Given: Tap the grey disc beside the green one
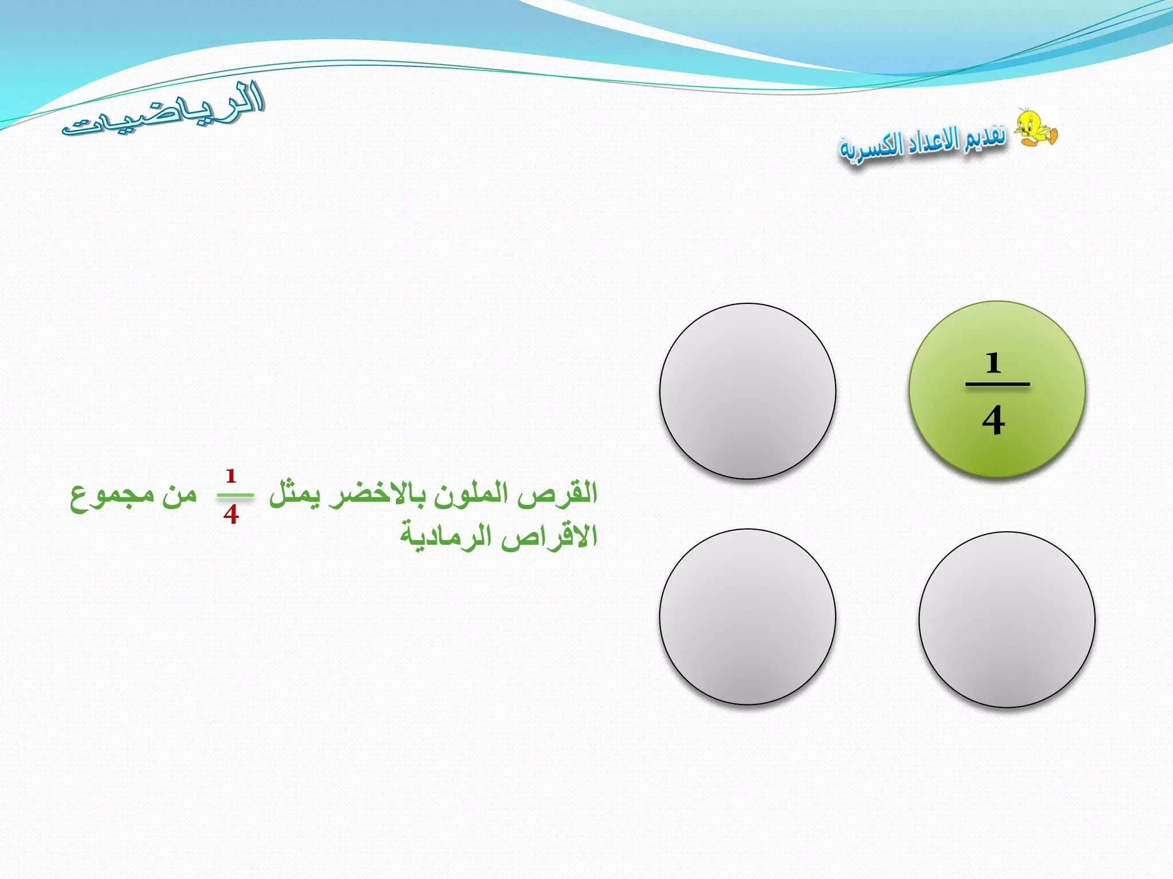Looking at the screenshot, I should tap(747, 391).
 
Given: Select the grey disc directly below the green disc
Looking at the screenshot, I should tap(1007, 620).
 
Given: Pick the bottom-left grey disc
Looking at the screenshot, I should tap(747, 616).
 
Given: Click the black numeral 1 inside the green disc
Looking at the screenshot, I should tap(993, 363).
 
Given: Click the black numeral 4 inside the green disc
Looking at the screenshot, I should tap(994, 421).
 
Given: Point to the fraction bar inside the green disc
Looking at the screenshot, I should tap(997, 384).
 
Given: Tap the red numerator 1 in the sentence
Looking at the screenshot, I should tap(231, 476).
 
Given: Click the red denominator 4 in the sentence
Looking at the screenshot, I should tap(231, 514).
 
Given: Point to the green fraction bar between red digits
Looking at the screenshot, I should tap(235, 495).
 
